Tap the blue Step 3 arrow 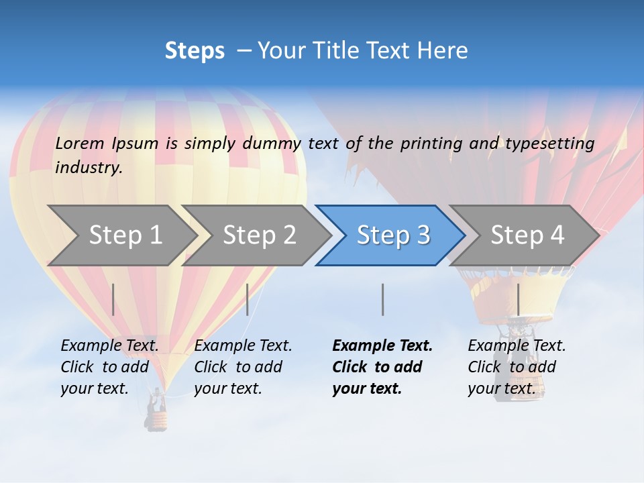tap(392, 235)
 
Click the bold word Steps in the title tap(195, 51)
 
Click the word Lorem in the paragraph tap(80, 143)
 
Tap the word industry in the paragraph tap(89, 167)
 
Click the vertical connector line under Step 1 tap(113, 299)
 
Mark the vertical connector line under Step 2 tap(248, 299)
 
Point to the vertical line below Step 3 tap(382, 299)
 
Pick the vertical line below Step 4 tap(518, 299)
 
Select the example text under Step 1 tap(109, 366)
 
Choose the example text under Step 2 tap(243, 366)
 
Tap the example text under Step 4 tap(517, 366)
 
